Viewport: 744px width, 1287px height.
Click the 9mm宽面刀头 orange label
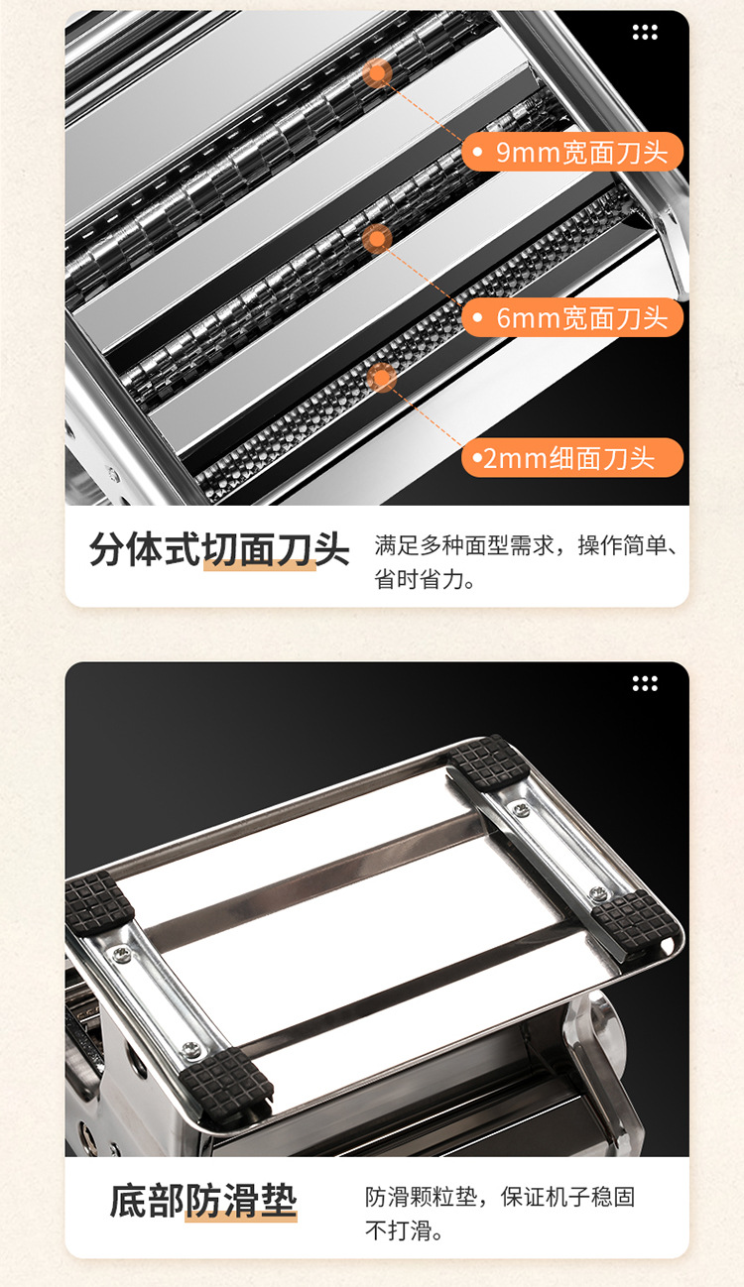[x=573, y=153]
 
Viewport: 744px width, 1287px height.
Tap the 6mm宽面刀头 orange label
[x=573, y=318]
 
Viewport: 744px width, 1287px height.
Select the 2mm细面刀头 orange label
[x=572, y=458]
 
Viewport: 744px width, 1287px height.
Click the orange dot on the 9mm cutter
[x=377, y=72]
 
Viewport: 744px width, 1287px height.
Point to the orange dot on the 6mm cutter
[x=376, y=238]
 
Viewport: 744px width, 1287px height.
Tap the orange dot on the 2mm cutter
[x=381, y=377]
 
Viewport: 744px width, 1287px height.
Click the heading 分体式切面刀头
[x=219, y=548]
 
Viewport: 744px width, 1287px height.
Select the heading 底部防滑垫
[x=203, y=1201]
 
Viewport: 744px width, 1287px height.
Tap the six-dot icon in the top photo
[x=645, y=33]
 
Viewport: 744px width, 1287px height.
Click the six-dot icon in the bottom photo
[x=645, y=683]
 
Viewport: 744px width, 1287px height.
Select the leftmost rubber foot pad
[x=98, y=901]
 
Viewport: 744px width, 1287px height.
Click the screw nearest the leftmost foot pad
[x=121, y=954]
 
